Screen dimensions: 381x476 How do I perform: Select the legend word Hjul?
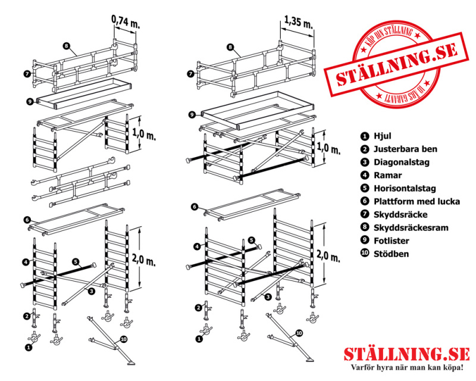coord(381,135)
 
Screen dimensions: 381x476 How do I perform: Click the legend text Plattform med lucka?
coord(416,202)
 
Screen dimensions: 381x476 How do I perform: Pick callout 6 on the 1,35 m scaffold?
coord(195,207)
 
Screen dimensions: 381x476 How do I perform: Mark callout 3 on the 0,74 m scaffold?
coord(91,291)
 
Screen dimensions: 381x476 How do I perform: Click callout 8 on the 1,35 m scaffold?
coord(230,46)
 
